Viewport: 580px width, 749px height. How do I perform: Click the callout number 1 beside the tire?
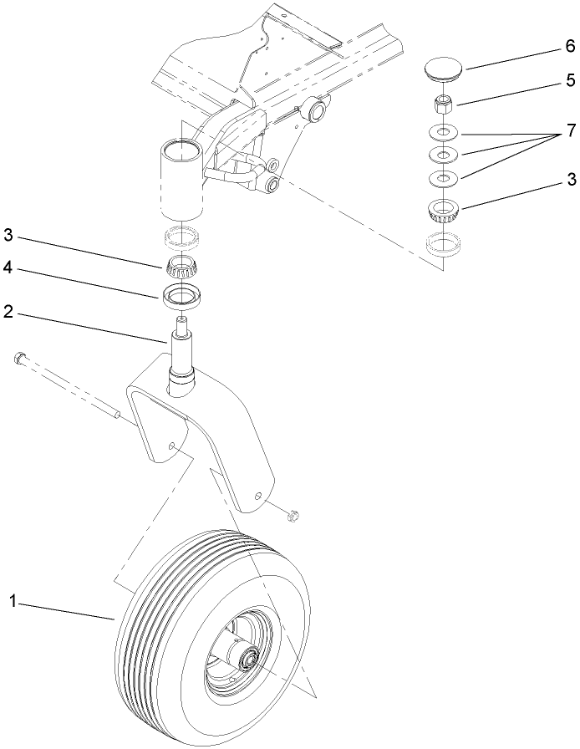tap(13, 600)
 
